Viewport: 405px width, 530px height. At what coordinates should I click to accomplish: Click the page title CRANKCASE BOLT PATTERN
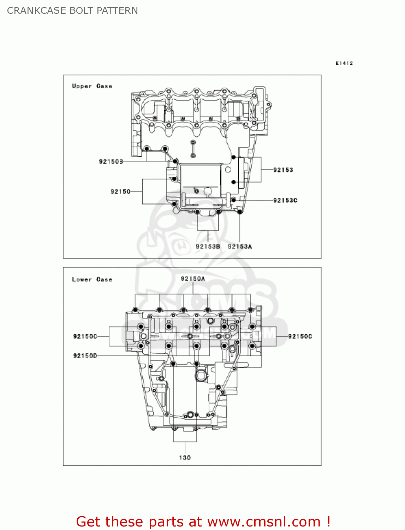(72, 11)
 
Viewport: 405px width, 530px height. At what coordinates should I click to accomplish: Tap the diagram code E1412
(344, 63)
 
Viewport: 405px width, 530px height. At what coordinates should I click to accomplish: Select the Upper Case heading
(92, 86)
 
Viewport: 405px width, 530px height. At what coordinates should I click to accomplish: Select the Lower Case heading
(92, 279)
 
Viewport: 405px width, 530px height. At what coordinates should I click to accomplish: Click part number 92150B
(111, 161)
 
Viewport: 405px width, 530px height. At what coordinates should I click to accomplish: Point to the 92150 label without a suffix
(120, 192)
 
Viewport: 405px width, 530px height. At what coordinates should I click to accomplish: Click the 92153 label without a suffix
(283, 170)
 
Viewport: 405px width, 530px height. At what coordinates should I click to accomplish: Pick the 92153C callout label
(285, 200)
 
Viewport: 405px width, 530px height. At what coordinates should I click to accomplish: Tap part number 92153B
(208, 247)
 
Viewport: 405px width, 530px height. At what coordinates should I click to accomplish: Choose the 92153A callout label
(240, 247)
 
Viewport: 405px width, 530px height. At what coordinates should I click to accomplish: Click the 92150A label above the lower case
(193, 279)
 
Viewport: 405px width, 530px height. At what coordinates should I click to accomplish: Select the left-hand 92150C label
(85, 336)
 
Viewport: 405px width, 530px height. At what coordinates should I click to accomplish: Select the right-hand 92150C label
(300, 336)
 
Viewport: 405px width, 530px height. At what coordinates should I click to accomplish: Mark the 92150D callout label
(85, 356)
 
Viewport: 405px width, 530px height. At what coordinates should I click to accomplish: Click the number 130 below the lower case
(185, 458)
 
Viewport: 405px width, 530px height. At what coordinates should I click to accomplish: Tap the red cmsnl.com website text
(203, 522)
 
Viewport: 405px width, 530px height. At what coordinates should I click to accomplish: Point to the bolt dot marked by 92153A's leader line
(240, 212)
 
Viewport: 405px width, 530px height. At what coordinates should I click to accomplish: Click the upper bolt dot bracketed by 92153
(233, 157)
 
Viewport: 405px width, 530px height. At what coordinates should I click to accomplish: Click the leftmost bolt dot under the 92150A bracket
(135, 310)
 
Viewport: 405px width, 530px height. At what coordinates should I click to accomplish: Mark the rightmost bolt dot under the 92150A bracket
(251, 310)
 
